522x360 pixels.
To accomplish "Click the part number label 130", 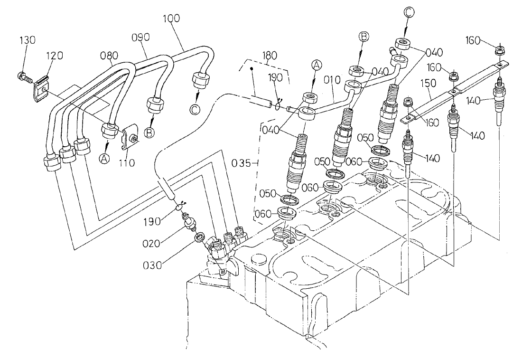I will tap(27, 41).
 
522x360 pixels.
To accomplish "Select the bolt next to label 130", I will tap(23, 75).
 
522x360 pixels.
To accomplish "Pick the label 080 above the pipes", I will tap(109, 55).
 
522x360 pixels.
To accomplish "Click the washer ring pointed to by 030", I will tap(200, 236).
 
